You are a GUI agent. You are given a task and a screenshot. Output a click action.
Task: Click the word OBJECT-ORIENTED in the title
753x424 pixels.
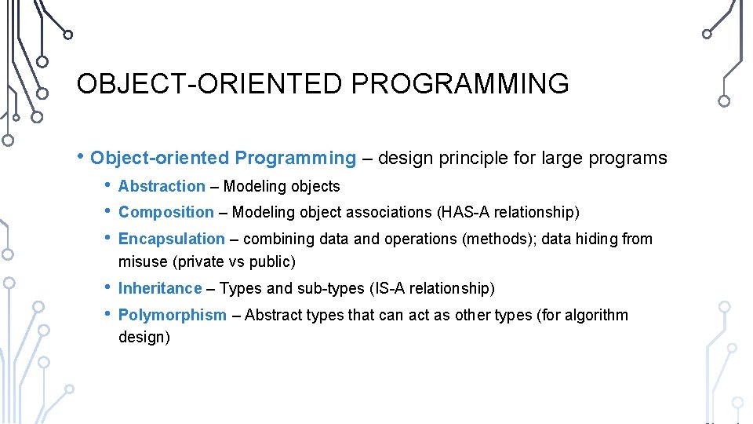tap(209, 83)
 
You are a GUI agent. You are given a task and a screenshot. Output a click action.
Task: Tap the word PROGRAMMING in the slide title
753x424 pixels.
tap(460, 83)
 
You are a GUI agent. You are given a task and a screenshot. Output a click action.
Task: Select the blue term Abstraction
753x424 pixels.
tap(162, 186)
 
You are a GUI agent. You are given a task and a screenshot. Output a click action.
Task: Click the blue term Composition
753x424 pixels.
tap(166, 213)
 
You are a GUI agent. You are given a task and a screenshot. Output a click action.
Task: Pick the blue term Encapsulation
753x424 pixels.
tap(172, 239)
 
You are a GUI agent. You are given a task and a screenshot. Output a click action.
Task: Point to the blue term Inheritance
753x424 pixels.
tap(160, 288)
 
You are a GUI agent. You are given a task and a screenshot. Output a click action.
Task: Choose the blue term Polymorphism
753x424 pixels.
tap(173, 316)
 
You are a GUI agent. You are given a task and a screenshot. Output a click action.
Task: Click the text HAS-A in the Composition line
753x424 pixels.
tap(463, 212)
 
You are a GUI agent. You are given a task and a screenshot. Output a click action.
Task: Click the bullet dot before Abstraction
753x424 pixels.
tap(107, 185)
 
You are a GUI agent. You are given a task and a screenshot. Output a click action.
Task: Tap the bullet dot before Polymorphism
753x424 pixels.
tap(107, 313)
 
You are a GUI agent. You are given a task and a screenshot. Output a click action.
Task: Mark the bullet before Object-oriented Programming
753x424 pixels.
tap(80, 155)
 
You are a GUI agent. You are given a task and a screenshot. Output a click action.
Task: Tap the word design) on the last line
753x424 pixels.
tap(144, 337)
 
